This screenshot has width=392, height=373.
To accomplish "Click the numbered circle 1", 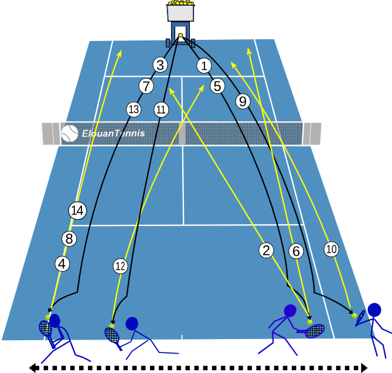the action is pos(204,66).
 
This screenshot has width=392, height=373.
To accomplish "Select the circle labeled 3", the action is pos(160,65).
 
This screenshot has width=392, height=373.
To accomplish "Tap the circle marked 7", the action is pos(146,86).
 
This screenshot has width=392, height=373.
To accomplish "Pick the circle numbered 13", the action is pos(134,109).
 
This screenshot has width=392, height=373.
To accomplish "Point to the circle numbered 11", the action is pos(161,109).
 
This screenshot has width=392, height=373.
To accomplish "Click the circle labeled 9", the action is pos(243,101).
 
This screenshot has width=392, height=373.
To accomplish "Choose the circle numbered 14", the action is pos(77,211).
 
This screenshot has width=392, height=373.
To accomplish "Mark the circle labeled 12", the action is pos(121,266).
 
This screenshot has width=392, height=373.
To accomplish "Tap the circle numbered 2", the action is pos(266,250).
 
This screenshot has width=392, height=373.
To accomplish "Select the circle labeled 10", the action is pos(332,249).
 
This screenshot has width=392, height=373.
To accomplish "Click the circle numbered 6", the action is pos(296,251).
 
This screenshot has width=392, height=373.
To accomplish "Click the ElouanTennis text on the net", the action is pos(114,133).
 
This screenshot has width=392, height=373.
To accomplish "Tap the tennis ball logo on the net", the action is pos(70,134).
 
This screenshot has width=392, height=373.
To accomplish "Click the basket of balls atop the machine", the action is pos(180,11).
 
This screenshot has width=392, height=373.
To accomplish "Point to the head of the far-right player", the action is pos(374,310).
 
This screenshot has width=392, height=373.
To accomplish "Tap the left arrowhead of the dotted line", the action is pos(34,368).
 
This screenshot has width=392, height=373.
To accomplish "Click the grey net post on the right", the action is pos(312,134).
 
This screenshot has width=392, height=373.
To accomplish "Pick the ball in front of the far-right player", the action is pos(354,316).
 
